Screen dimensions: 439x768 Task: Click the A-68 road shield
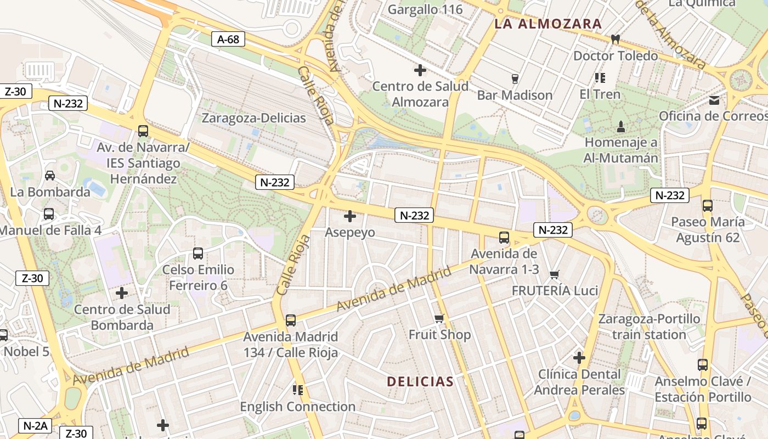coord(228,39)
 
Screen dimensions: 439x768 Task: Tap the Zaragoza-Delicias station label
coord(253,118)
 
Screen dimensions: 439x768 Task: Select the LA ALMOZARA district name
coord(548,24)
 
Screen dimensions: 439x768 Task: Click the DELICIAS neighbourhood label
coord(420,381)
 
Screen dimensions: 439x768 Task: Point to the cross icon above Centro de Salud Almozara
coord(420,70)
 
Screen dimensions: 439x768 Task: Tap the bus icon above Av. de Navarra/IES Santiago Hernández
coord(143,131)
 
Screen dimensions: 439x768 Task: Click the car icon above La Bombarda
coord(50,176)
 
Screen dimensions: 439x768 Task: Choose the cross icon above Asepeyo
coord(349,216)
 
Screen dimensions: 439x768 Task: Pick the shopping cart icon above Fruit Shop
coord(439,319)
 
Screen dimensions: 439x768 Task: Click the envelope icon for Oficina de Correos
coord(714,100)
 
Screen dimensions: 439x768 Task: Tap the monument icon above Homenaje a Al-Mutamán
coord(621,127)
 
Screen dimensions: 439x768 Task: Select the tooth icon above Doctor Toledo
coord(615,40)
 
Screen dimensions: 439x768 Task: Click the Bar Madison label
coord(515,95)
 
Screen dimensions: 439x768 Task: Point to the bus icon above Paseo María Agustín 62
coord(708,206)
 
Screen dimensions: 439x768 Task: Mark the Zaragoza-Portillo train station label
coord(649,327)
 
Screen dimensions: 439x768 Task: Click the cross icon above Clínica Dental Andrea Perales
coord(579,358)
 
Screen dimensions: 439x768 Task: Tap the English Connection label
coord(298,407)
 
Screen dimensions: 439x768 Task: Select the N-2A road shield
coord(36,425)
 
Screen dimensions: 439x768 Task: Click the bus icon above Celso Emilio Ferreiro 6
coord(198,254)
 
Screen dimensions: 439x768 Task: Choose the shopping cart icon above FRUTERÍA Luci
coord(555,274)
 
